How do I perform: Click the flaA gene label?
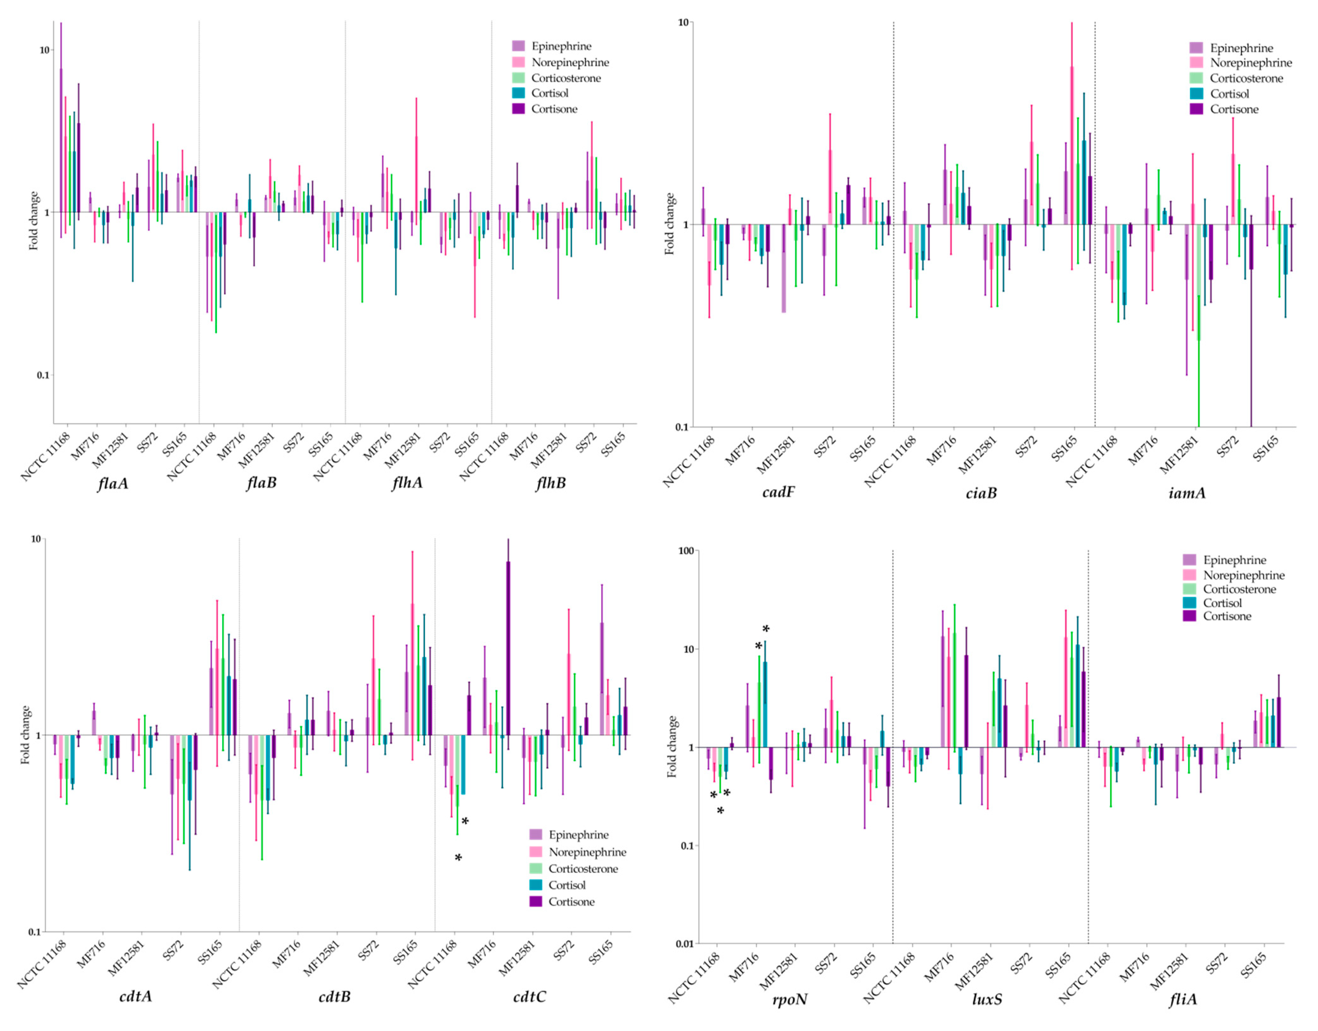tap(113, 483)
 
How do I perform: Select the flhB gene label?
tap(550, 483)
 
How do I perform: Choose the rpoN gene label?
tap(789, 1000)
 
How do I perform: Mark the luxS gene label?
tap(987, 1000)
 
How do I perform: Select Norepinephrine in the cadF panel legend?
tap(1250, 63)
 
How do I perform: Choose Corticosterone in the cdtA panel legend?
tap(583, 869)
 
